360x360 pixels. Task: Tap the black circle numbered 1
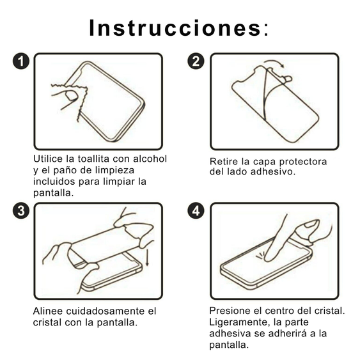(21, 61)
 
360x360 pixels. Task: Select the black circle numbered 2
(196, 61)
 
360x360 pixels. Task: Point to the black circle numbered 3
(21, 211)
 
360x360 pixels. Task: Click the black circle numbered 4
(196, 211)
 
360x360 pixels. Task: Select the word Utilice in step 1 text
(49, 159)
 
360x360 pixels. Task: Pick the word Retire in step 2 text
(224, 161)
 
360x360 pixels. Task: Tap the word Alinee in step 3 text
(47, 311)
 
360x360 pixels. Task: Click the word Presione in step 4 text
(229, 311)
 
